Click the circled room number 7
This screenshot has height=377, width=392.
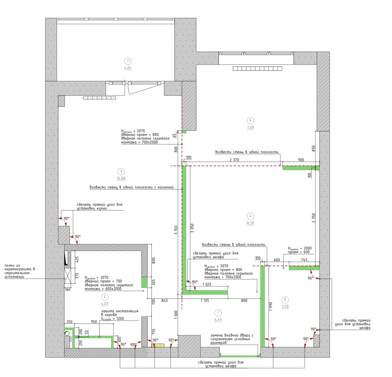[128, 61]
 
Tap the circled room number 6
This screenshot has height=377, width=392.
[251, 121]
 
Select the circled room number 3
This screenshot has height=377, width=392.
[121, 172]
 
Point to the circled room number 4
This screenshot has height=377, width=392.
[251, 216]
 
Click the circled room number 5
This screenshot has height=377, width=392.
[285, 300]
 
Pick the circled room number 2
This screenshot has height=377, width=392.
[104, 297]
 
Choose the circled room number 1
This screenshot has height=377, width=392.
[218, 313]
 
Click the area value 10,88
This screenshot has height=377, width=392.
[121, 178]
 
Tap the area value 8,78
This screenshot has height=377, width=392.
[251, 223]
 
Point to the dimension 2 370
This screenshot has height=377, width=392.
[234, 160]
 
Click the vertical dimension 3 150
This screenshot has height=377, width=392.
[176, 230]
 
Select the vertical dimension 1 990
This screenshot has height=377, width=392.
[271, 307]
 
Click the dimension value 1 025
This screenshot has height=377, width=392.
[207, 284]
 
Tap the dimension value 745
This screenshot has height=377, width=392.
[304, 260]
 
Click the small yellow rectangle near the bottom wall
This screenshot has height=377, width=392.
[158, 345]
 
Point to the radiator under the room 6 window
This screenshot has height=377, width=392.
[257, 69]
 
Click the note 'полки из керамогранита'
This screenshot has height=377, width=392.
[20, 271]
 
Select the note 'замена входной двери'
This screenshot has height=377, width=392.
[232, 339]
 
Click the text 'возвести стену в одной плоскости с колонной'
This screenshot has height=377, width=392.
[132, 187]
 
